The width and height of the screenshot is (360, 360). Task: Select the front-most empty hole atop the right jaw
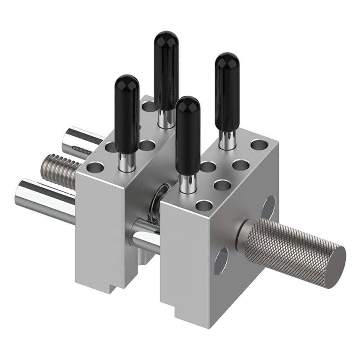[x=204, y=206]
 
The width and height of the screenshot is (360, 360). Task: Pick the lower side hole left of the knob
[x=221, y=261]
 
